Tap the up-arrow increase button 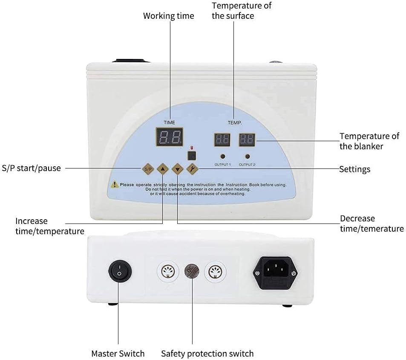point(163,169)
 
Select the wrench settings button point(192,169)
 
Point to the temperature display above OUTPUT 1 point(222,139)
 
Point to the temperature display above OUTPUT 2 point(247,139)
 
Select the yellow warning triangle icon point(114,185)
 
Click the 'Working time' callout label point(168,16)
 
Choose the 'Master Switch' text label point(118,354)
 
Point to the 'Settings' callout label point(354,169)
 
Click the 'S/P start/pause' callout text point(32,168)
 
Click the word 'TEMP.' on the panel point(235,122)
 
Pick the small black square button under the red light point(192,155)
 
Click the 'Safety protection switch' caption point(207,354)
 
